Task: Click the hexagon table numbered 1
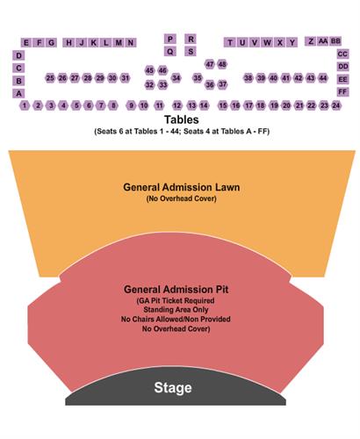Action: (x=25, y=105)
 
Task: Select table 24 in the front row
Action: (x=336, y=105)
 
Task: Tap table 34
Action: (x=176, y=78)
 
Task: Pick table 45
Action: (x=149, y=70)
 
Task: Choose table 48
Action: (x=222, y=64)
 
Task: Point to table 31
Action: (x=126, y=78)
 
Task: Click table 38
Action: (x=248, y=78)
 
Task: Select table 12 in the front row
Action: (x=177, y=105)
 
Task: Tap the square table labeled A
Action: (x=18, y=93)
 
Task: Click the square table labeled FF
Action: (x=342, y=92)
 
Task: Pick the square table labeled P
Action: (x=169, y=39)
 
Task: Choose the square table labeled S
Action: (x=191, y=52)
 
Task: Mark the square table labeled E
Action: (x=26, y=43)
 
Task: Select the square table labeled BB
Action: (x=335, y=41)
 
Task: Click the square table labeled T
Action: (x=230, y=43)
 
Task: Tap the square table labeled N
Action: (x=131, y=43)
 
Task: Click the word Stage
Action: (x=173, y=388)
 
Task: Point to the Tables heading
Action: (x=182, y=119)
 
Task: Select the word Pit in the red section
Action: (x=222, y=290)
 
